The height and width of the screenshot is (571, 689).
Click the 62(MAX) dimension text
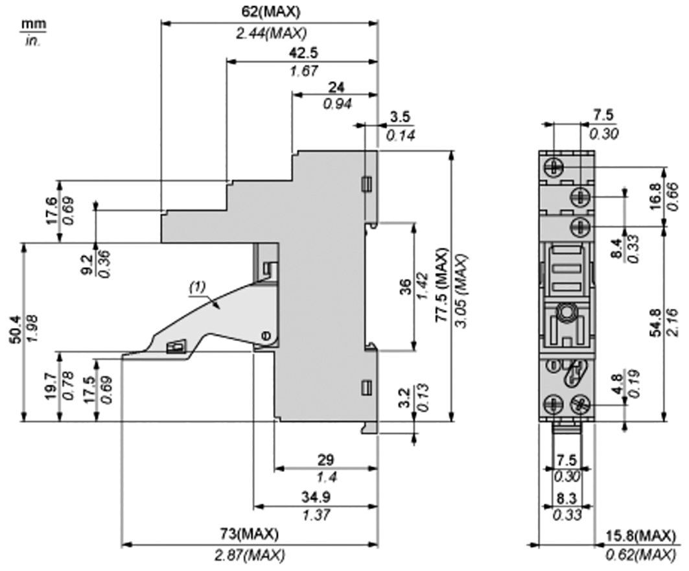(270, 12)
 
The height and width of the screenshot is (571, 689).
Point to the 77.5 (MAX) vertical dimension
(441, 279)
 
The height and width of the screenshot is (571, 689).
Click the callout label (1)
(197, 286)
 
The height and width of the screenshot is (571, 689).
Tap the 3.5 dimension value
(400, 117)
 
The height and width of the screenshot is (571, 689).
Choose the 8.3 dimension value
(567, 500)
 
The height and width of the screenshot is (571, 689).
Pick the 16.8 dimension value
(655, 196)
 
